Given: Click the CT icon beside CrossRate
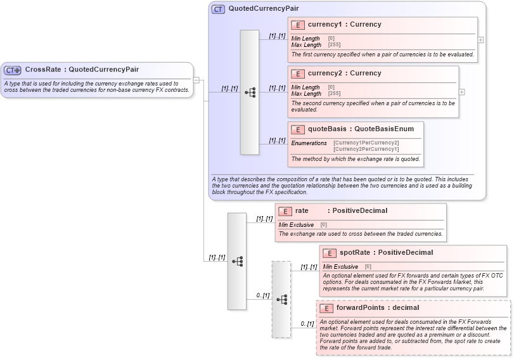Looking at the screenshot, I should [13, 70].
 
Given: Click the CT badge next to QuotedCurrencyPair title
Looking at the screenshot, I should [218, 9].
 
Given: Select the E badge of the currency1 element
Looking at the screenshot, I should [298, 25].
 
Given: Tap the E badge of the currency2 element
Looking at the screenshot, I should [298, 74].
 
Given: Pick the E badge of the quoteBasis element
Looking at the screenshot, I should [298, 129].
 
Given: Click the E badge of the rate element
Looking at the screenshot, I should [285, 211].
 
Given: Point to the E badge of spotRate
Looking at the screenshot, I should [330, 253].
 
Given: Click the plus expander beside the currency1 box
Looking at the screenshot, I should [480, 39].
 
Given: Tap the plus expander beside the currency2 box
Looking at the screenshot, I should [461, 92].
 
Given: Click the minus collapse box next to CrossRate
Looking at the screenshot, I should [196, 80].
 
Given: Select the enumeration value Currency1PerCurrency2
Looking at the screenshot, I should [366, 143].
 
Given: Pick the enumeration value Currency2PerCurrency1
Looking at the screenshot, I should [366, 149].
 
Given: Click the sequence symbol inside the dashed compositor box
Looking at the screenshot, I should [281, 299].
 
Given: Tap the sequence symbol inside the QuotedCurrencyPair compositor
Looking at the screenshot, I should [250, 93].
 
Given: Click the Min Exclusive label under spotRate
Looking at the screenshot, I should [340, 267].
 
